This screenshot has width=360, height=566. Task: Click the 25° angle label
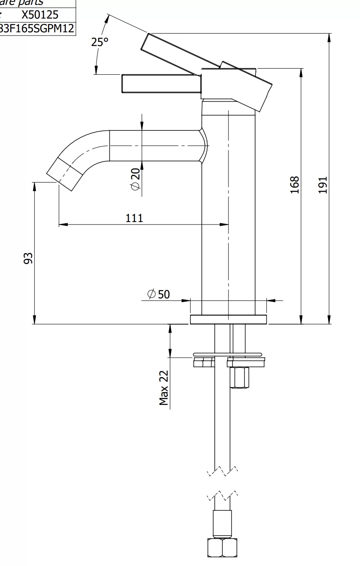click(x=100, y=42)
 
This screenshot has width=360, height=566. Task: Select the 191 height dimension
click(x=322, y=184)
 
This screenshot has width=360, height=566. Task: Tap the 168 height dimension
click(x=295, y=184)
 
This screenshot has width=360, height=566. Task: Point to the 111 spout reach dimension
click(x=134, y=218)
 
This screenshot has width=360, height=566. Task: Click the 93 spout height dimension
click(x=28, y=258)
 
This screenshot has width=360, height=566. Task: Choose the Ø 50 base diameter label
click(x=159, y=294)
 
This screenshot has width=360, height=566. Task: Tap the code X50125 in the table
click(x=40, y=15)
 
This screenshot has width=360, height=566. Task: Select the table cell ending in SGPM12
click(x=38, y=28)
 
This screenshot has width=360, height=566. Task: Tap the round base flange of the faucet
click(x=228, y=319)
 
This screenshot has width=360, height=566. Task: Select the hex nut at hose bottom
click(x=222, y=547)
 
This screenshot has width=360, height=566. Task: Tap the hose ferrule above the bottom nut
click(x=222, y=523)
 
